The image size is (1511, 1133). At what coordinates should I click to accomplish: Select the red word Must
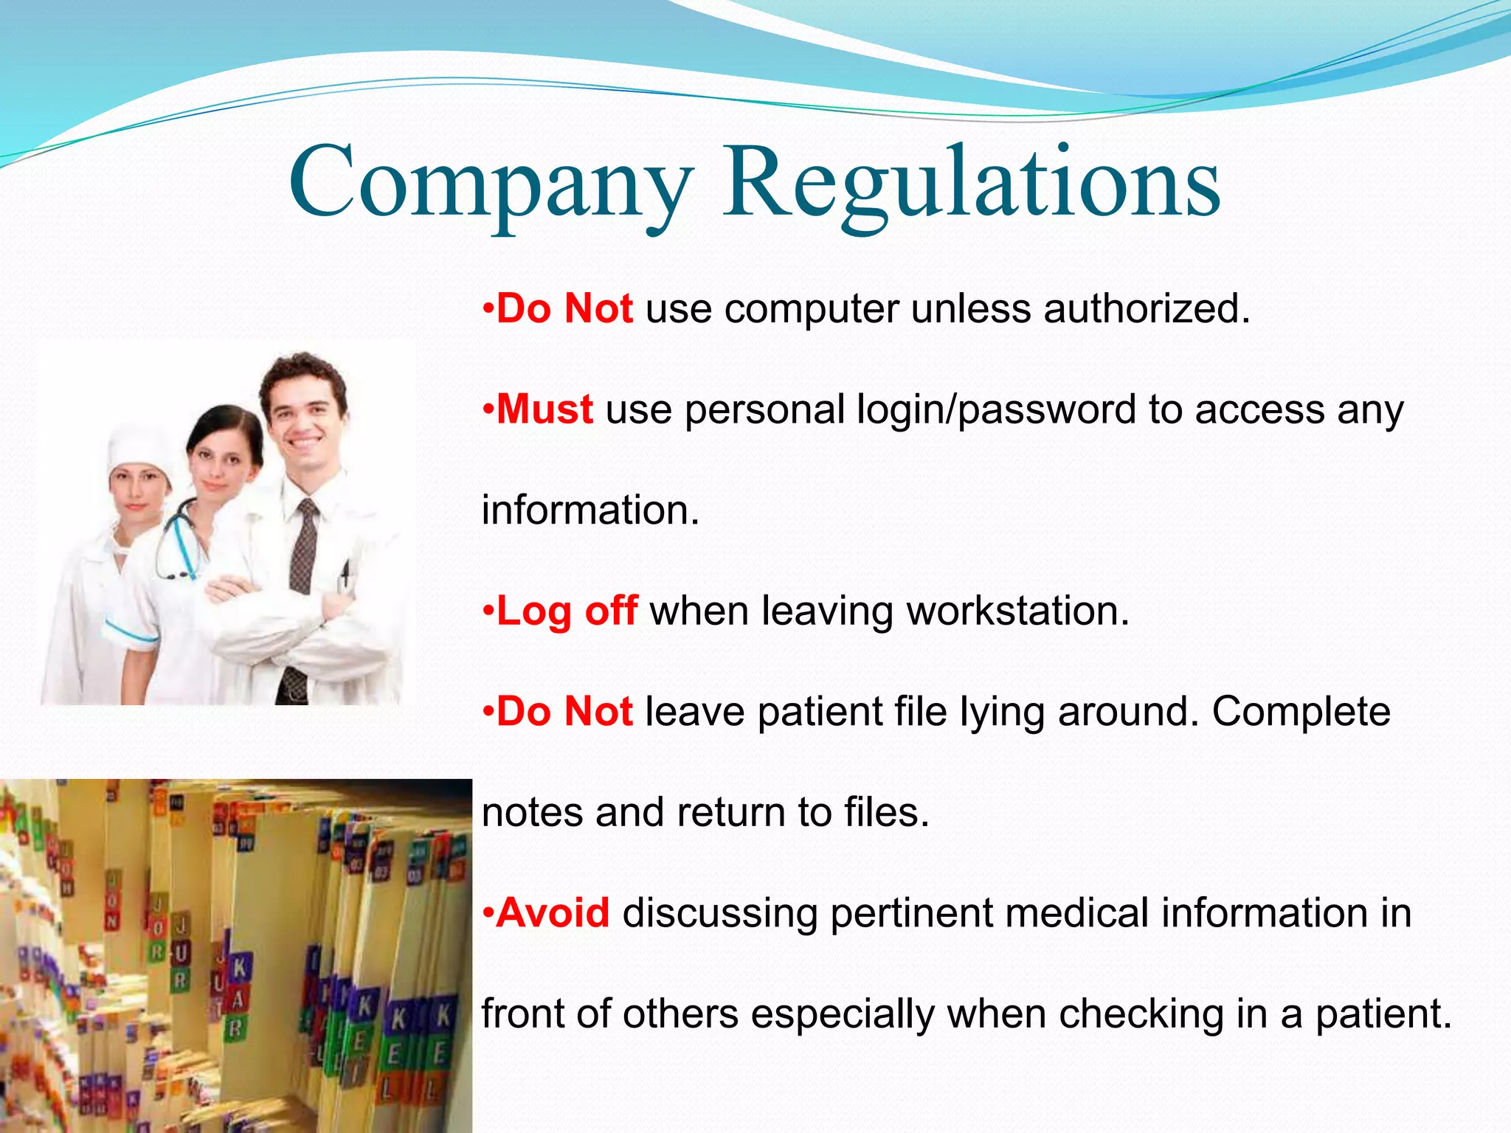[544, 409]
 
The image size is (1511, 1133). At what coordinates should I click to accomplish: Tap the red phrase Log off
[567, 611]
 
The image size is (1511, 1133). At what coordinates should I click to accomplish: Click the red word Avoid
[553, 913]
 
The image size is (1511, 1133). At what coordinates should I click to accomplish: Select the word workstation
[1018, 611]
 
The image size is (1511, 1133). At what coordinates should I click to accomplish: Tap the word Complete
[1301, 712]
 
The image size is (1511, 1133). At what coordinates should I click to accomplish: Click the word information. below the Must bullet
[590, 510]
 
